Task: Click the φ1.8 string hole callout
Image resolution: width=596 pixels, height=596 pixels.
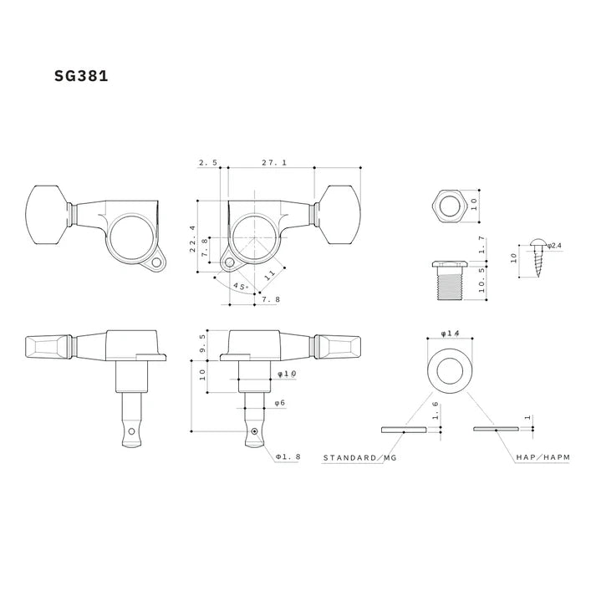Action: tap(289, 457)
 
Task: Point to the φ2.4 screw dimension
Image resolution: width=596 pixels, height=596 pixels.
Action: tap(557, 245)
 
